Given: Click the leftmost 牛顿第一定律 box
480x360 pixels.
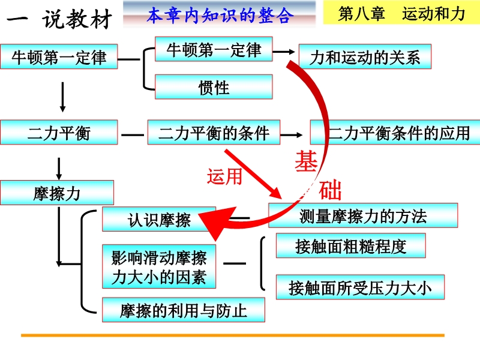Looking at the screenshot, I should pyautogui.click(x=59, y=58).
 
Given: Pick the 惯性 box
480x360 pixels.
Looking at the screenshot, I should pyautogui.click(x=214, y=88).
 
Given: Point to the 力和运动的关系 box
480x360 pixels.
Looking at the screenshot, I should pyautogui.click(x=365, y=58).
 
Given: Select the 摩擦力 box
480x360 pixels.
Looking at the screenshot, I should pyautogui.click(x=57, y=193).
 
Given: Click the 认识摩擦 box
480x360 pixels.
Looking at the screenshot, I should pyautogui.click(x=159, y=220).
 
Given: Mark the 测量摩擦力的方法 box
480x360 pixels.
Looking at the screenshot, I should pyautogui.click(x=362, y=215).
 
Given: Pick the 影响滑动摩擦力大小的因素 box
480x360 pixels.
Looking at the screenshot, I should pyautogui.click(x=159, y=267).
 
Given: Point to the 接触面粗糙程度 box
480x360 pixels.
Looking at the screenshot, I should pyautogui.click(x=350, y=245).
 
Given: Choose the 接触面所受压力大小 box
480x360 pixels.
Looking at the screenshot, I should pyautogui.click(x=360, y=287).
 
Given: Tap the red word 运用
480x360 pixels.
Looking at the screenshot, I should pyautogui.click(x=224, y=176).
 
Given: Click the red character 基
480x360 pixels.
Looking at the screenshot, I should pyautogui.click(x=307, y=161).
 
